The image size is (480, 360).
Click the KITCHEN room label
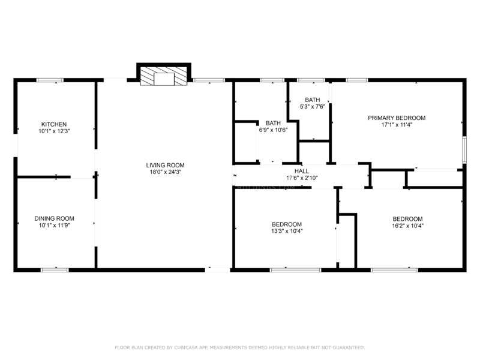(54, 124)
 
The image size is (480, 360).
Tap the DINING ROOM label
(54, 218)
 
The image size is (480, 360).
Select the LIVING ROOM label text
(166, 166)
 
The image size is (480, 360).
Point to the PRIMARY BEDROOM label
(397, 118)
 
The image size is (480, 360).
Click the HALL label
(302, 171)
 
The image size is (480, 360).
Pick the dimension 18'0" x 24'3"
(166, 172)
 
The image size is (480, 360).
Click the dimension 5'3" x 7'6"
(312, 107)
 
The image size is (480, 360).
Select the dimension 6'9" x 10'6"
(274, 130)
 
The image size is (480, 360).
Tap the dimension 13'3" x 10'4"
(287, 231)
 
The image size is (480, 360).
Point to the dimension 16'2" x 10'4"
(408, 226)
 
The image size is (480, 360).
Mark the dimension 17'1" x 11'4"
(397, 125)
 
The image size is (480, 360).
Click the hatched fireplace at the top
(163, 76)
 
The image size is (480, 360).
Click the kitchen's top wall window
(50, 80)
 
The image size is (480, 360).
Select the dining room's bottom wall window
(55, 270)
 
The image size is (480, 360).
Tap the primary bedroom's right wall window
(464, 150)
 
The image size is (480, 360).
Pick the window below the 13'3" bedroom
(295, 270)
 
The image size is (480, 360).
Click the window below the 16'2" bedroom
(394, 270)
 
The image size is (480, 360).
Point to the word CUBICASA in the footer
(186, 347)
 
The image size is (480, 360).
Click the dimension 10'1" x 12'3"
(54, 131)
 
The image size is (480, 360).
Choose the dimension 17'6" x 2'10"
(302, 178)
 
